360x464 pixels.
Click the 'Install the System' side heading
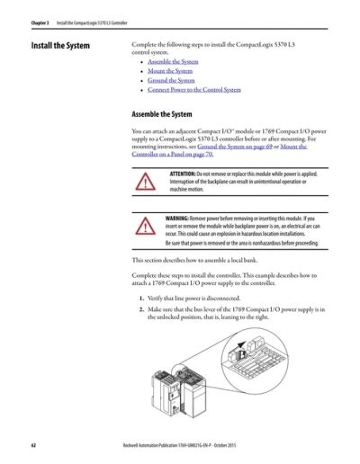[61, 45]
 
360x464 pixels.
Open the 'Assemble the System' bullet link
[173, 61]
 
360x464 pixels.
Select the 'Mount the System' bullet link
[170, 71]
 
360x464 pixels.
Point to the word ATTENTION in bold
[188, 172]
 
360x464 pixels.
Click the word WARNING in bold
[186, 219]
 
